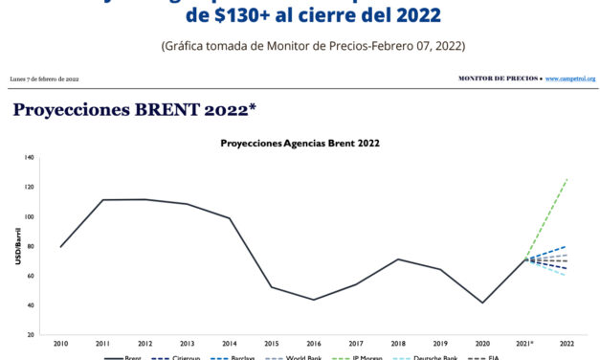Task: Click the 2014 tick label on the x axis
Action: [229, 344]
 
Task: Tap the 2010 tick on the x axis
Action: [61, 344]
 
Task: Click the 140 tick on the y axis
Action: [29, 157]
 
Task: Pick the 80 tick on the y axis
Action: [31, 246]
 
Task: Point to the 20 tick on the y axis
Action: [31, 334]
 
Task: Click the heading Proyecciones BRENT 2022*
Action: [134, 109]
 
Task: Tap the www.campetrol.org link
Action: [570, 78]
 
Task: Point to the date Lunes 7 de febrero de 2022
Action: [44, 78]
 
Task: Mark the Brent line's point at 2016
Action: [313, 300]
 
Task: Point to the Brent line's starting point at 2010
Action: [61, 247]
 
